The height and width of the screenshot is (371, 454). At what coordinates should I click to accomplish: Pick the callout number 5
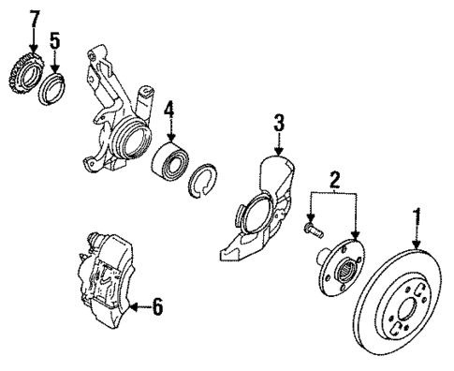pyautogui.click(x=54, y=41)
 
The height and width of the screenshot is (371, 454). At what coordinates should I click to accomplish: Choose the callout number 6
pyautogui.click(x=158, y=305)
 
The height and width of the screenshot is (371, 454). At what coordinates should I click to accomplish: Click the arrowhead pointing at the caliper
pyautogui.click(x=135, y=305)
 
